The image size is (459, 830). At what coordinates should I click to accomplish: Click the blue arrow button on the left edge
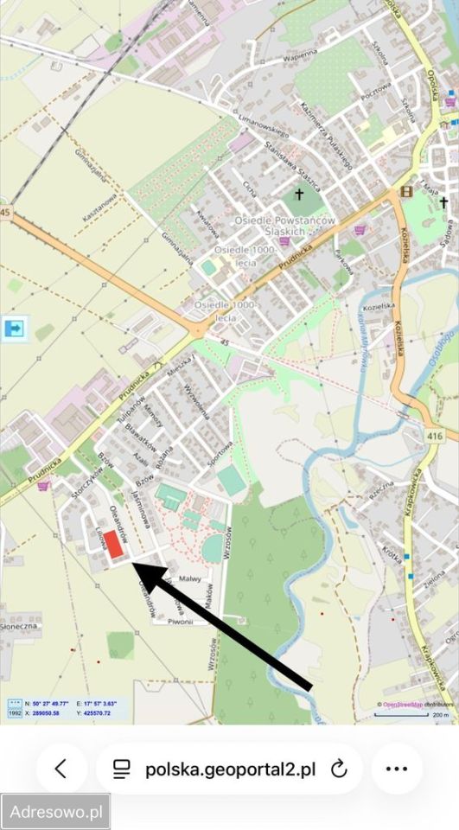tap(15, 328)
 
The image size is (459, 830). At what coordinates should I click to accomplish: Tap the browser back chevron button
tap(61, 769)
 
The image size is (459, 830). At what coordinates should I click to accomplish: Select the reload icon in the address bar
tap(339, 769)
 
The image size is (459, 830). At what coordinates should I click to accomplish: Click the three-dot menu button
tap(396, 769)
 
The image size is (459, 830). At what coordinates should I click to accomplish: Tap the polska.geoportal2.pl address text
tap(230, 769)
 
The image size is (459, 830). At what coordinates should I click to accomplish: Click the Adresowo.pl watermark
tap(55, 812)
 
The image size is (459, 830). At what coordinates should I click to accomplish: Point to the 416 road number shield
tap(435, 437)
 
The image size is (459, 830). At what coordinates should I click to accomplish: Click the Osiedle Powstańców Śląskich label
tap(286, 227)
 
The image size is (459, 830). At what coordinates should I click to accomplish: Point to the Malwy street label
tap(190, 578)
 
